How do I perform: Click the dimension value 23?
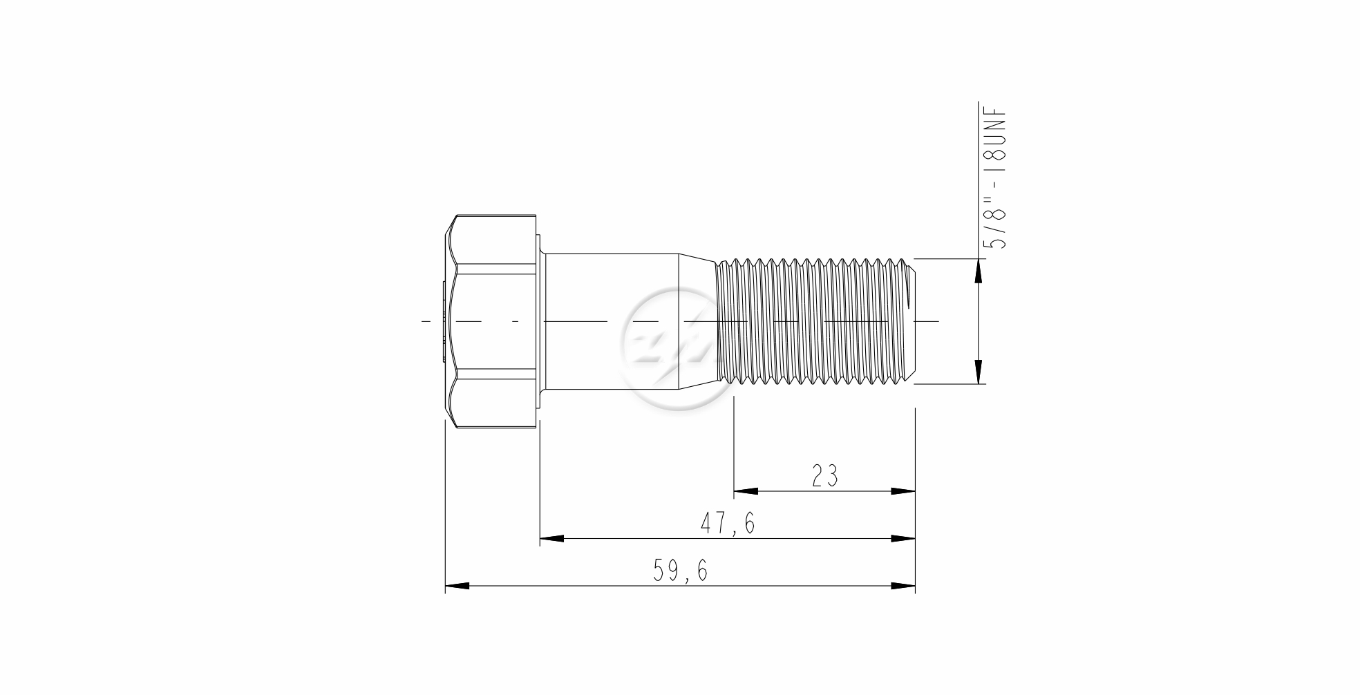824,475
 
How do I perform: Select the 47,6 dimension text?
728,524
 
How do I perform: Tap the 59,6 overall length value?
681,571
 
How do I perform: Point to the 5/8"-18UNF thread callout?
996,179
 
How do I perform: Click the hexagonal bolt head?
491,321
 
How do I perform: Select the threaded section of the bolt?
815,321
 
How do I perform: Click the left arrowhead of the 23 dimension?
745,491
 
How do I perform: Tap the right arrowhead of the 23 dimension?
903,491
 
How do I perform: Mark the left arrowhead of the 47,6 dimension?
551,538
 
